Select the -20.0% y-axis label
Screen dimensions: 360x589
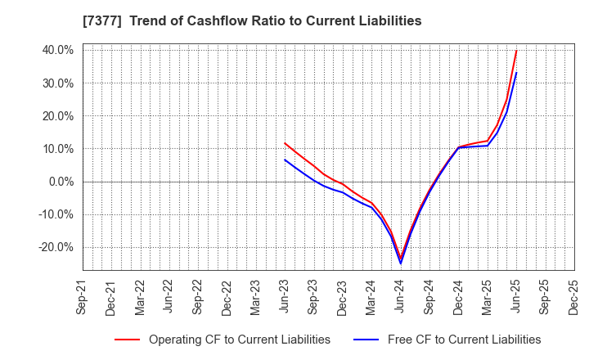click(x=55, y=247)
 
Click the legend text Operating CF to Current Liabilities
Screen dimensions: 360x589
click(x=240, y=340)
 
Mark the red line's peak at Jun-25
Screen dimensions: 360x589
click(x=516, y=51)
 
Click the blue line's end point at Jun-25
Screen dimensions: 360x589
click(x=516, y=73)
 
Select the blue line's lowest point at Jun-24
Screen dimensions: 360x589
click(x=401, y=263)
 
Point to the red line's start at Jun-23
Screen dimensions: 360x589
click(x=285, y=142)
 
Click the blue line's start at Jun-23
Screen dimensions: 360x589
click(x=285, y=160)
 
